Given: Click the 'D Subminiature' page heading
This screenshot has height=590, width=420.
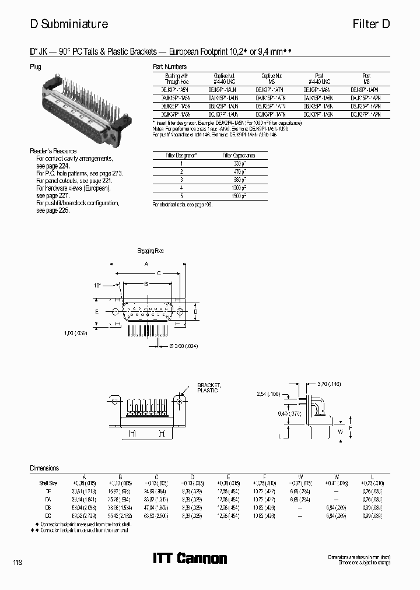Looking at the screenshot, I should (x=69, y=24).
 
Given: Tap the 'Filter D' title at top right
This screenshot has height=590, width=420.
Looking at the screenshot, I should (x=370, y=24).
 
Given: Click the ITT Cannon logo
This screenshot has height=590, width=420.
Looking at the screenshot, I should (x=190, y=558).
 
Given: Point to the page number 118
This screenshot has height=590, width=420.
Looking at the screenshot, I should (x=17, y=562).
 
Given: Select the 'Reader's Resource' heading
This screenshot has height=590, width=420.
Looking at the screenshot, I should (x=53, y=151).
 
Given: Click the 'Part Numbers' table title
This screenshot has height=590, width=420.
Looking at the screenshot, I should (x=169, y=66).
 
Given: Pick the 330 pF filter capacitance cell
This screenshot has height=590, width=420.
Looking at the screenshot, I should (x=239, y=164).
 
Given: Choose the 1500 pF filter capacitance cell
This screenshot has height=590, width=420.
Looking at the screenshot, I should (x=239, y=196).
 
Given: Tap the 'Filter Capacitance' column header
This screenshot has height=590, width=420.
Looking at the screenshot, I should (x=239, y=156).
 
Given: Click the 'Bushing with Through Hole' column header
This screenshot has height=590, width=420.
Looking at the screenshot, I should (x=176, y=79).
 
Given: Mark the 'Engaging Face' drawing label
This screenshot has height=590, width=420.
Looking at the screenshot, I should (x=150, y=251).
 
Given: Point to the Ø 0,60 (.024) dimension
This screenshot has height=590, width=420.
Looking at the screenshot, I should (x=183, y=346).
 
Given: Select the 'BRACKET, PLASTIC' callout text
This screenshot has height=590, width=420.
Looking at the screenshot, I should (x=207, y=388).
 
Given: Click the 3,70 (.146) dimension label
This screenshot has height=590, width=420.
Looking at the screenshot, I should (x=330, y=384).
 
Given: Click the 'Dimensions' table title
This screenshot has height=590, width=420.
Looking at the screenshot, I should (x=44, y=468).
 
